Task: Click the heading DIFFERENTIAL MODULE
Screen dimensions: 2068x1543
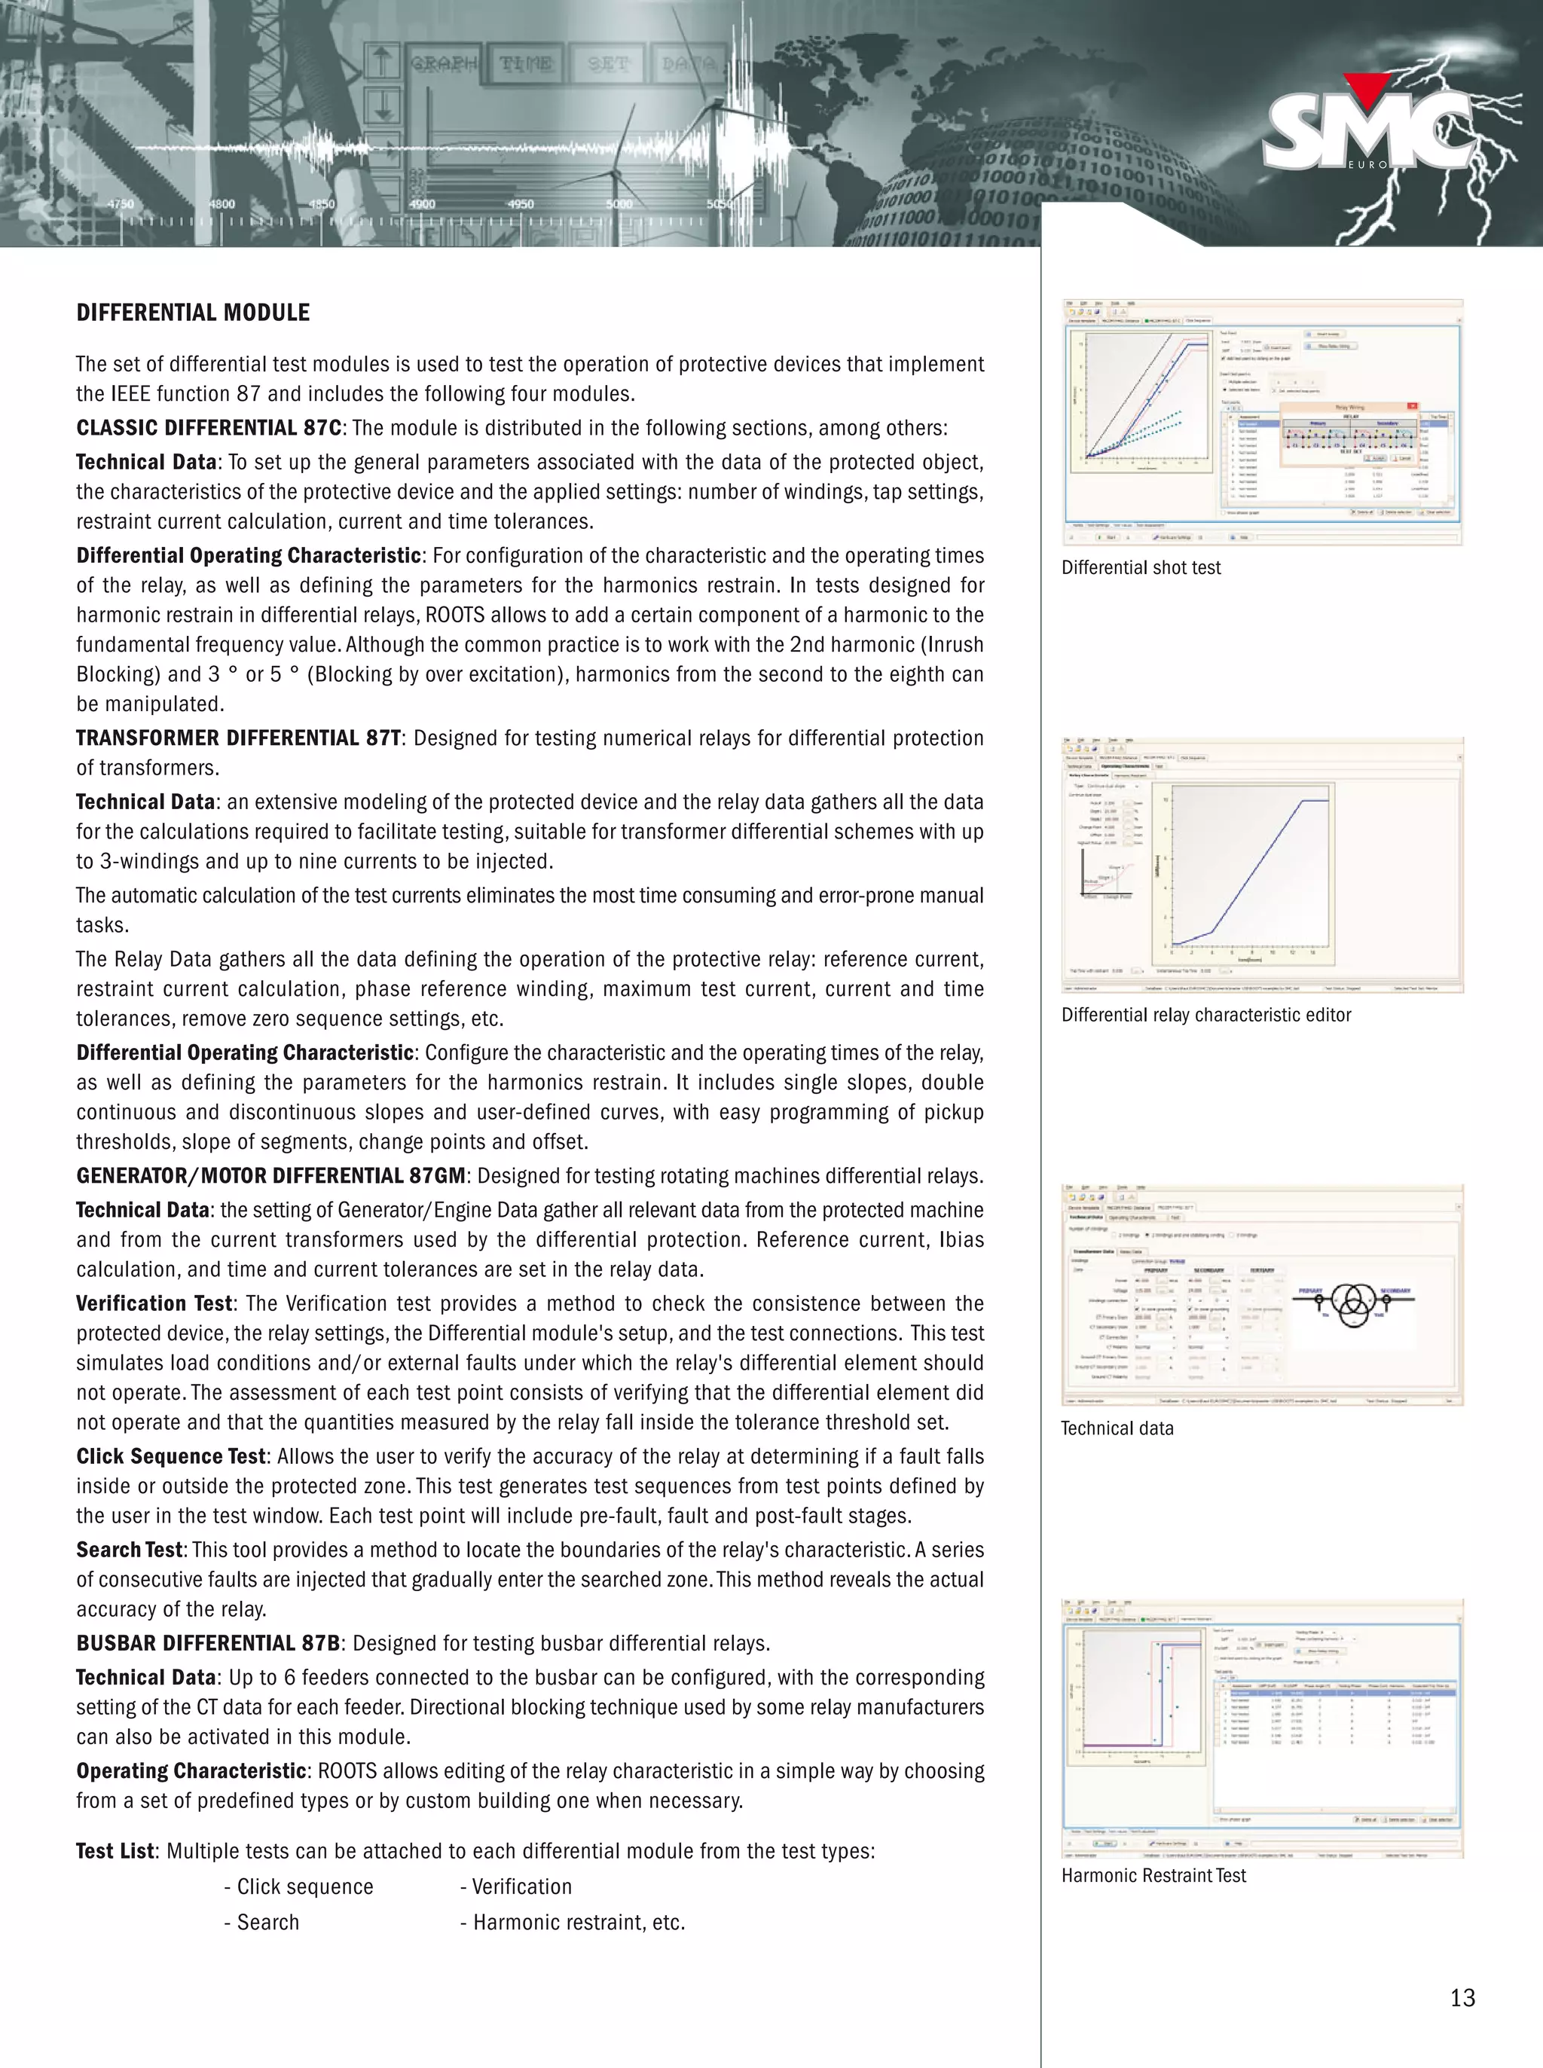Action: pos(192,313)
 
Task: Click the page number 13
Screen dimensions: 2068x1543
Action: pos(1462,1998)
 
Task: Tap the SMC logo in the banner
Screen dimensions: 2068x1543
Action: pos(1368,131)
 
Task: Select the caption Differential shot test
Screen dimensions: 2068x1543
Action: pos(1141,568)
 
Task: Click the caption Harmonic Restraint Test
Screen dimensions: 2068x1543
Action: pos(1153,1876)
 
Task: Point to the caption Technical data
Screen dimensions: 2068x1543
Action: pos(1117,1428)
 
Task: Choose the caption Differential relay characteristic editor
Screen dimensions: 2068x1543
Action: pos(1205,1016)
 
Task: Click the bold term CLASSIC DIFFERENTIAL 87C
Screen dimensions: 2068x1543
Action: pos(208,429)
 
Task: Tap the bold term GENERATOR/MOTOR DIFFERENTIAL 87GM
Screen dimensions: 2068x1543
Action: pos(270,1176)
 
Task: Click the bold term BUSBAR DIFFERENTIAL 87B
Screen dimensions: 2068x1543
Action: pos(207,1643)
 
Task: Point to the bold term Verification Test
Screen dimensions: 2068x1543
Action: pos(154,1304)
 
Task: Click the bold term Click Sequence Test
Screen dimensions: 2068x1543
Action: pos(171,1457)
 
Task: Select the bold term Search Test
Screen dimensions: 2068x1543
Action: pos(129,1550)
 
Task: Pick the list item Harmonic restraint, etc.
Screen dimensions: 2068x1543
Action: pos(578,1923)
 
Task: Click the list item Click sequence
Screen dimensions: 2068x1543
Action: pos(304,1886)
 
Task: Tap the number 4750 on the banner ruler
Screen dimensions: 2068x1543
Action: pos(121,203)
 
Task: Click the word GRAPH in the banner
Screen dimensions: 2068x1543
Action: pos(445,63)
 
